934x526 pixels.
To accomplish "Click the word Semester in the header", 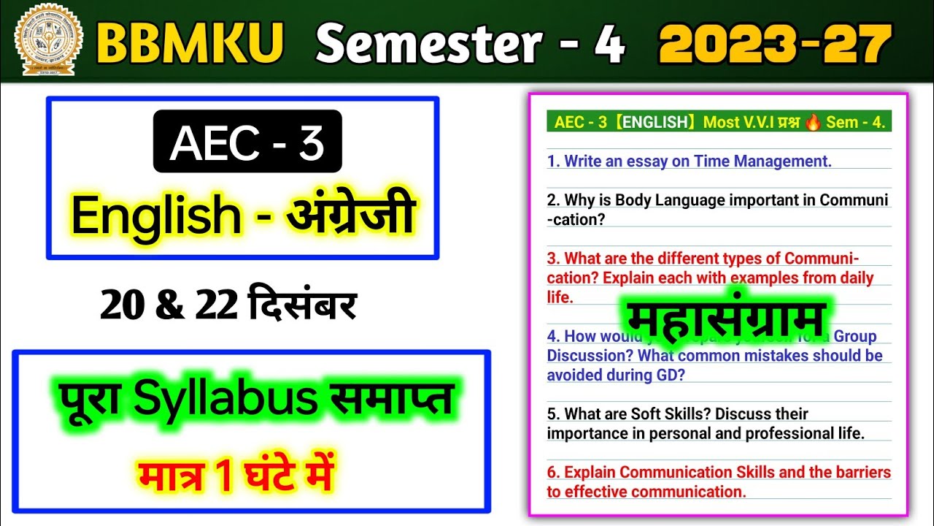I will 428,43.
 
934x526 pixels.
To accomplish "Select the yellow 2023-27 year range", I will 775,43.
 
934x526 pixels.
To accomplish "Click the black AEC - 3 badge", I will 247,142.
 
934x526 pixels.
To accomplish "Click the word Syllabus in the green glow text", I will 255,400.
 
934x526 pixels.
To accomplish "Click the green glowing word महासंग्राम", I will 725,319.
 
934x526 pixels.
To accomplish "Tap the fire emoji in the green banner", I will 813,122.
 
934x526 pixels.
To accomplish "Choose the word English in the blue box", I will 155,216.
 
